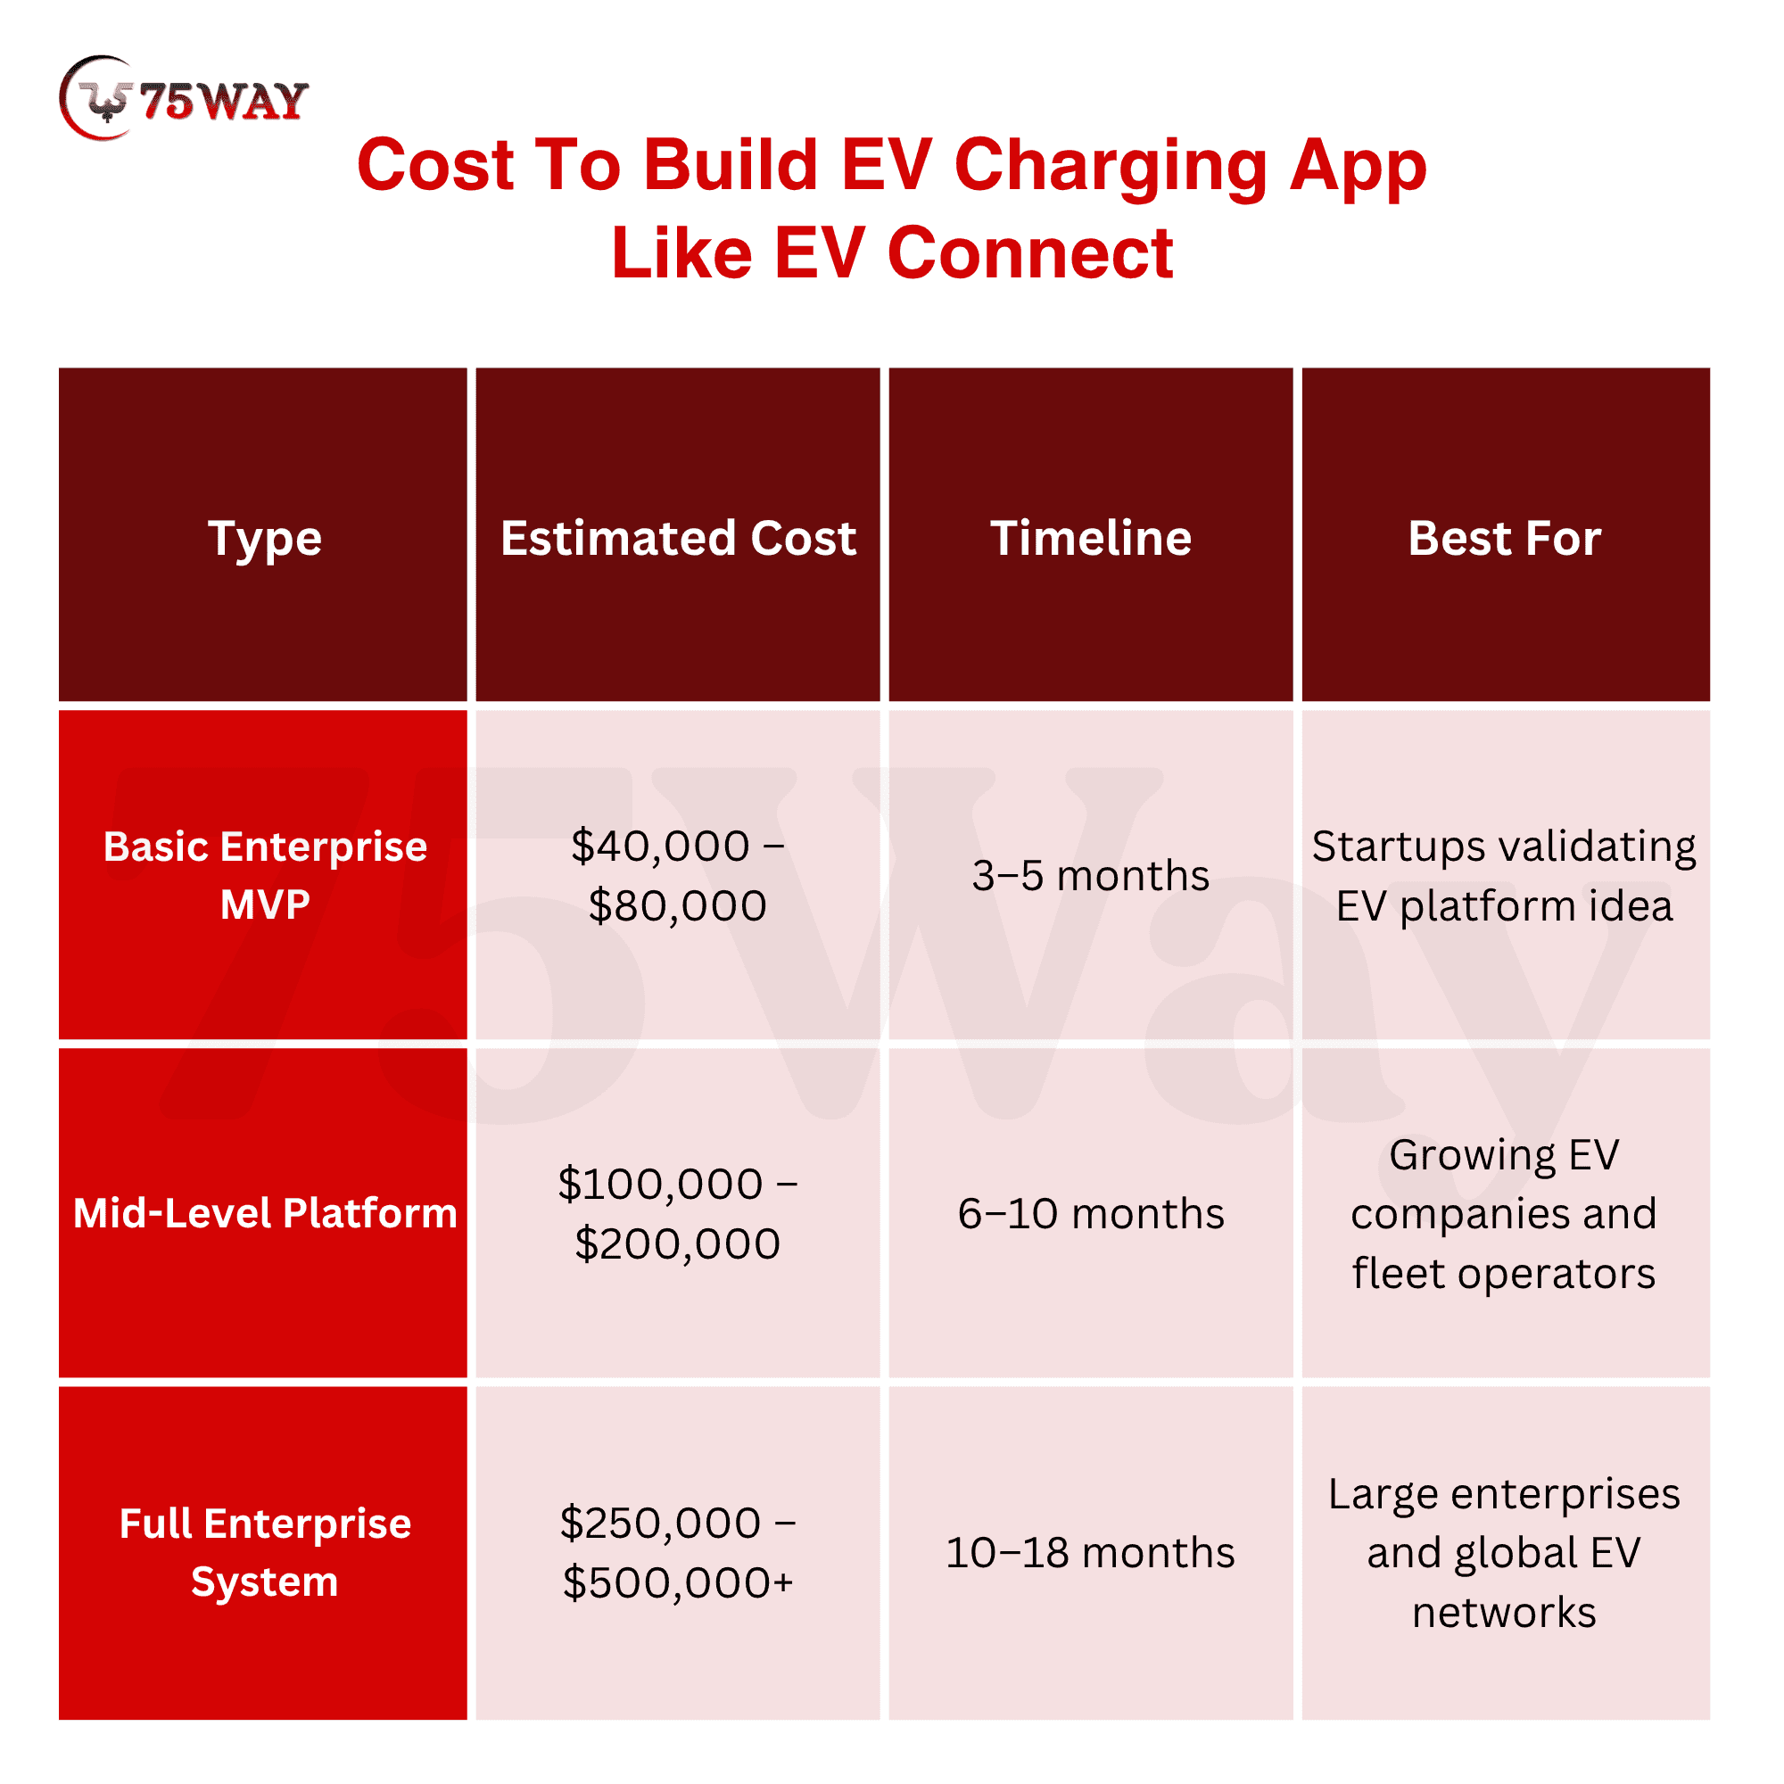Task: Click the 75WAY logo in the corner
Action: point(183,98)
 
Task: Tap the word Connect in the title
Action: point(1029,253)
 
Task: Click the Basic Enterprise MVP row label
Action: point(265,874)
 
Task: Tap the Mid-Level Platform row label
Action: point(265,1212)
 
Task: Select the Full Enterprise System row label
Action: point(265,1552)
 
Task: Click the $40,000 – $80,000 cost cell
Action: point(678,874)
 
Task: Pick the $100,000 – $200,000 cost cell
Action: point(678,1212)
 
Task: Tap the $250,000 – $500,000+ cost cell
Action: point(678,1552)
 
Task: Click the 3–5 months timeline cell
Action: point(1091,874)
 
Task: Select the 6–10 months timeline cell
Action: point(1091,1212)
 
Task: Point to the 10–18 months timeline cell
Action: point(1091,1552)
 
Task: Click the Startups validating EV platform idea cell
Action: point(1504,874)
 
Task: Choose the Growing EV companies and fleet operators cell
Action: point(1504,1212)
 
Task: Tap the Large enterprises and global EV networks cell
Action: point(1504,1552)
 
